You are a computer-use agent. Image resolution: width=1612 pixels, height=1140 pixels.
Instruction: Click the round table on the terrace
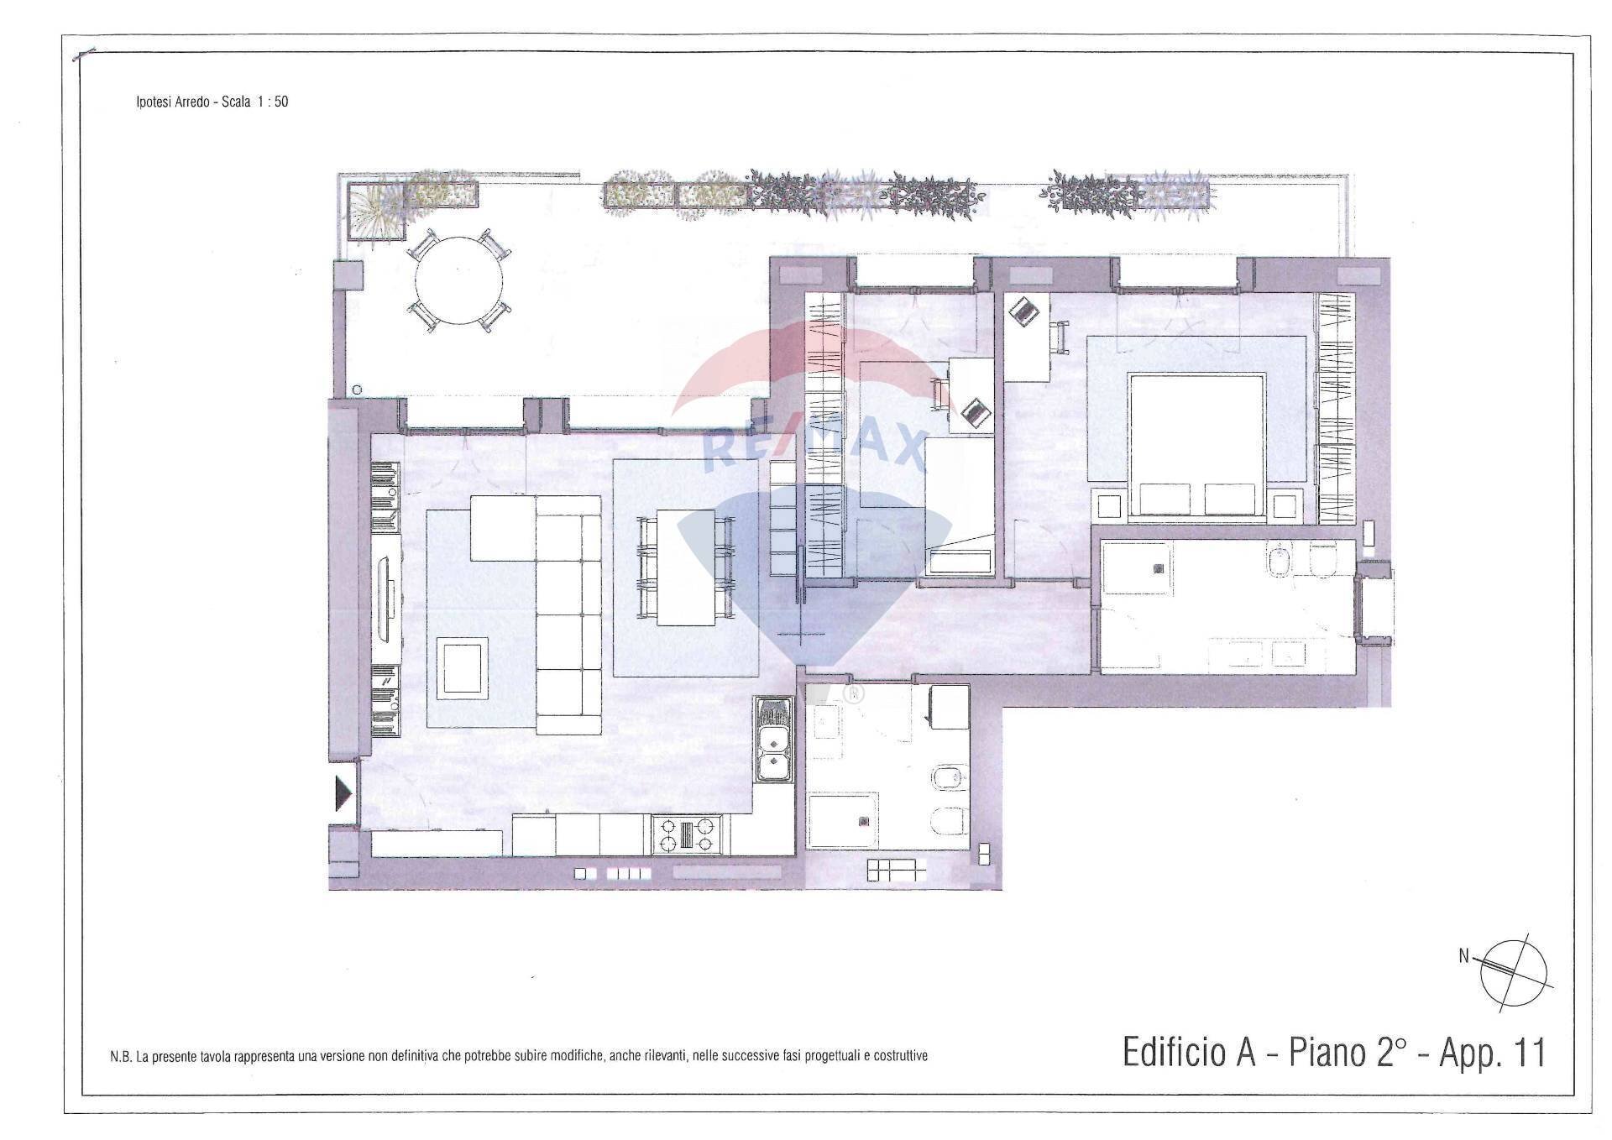click(459, 281)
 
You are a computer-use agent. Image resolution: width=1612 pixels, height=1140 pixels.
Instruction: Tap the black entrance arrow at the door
click(343, 793)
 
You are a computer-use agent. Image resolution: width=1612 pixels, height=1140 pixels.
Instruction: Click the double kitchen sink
click(773, 740)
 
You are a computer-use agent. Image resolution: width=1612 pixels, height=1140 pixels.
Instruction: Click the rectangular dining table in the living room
click(686, 567)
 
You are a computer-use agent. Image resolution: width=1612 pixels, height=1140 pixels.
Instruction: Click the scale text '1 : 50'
click(270, 102)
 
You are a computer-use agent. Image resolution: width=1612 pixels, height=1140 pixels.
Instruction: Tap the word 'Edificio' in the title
click(1189, 1053)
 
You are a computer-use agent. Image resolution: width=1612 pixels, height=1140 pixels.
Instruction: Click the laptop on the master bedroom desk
click(1024, 313)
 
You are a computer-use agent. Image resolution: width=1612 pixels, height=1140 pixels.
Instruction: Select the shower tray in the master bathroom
click(1138, 568)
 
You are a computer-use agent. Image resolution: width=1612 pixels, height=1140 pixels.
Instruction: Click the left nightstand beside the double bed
click(1109, 505)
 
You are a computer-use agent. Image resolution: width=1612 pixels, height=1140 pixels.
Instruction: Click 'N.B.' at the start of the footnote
click(122, 1056)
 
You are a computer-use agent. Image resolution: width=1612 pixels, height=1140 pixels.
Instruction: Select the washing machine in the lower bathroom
click(949, 708)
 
